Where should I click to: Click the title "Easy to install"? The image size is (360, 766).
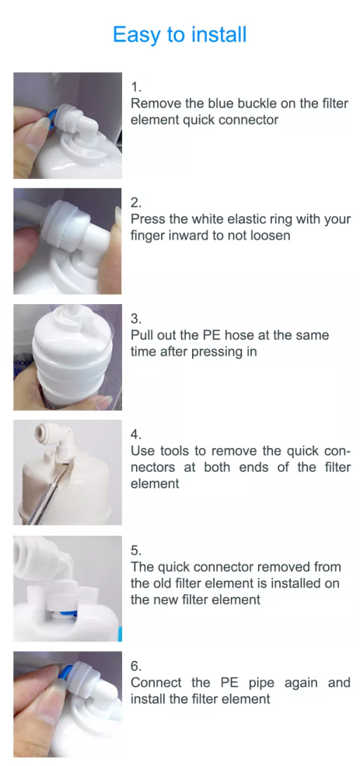point(180,35)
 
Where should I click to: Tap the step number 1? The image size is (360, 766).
point(136,87)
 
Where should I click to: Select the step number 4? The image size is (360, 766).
point(136,435)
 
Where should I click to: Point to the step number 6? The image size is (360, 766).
point(136,666)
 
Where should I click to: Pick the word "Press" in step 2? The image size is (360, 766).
point(148,219)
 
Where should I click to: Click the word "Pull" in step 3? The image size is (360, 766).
point(141,335)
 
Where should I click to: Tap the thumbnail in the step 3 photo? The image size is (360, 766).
point(103,402)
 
